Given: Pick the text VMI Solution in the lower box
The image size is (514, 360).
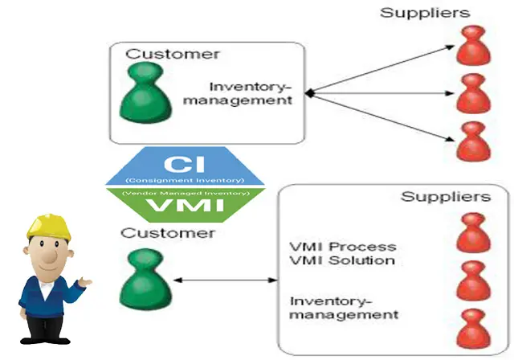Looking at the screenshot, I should click(x=341, y=260).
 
